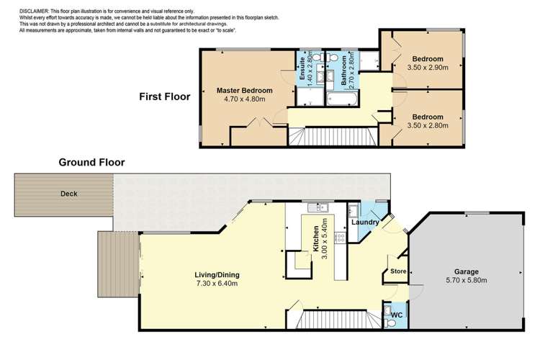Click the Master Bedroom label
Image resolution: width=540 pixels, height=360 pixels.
click(x=245, y=90)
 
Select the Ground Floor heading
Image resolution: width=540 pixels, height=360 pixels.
click(x=91, y=163)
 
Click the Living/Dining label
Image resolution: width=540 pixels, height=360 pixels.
click(x=217, y=274)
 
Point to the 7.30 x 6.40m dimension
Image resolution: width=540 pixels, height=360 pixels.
click(x=217, y=284)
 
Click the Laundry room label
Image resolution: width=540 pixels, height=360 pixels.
click(x=365, y=222)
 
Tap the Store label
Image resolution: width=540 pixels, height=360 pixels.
click(x=398, y=272)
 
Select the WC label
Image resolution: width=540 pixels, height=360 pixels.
click(x=397, y=314)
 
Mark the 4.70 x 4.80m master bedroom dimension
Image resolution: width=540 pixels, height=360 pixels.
click(x=245, y=99)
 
